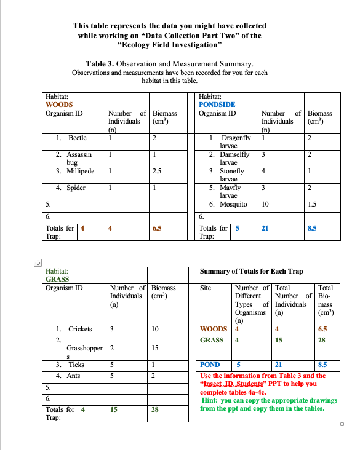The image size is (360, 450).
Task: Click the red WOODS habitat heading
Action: coord(60,105)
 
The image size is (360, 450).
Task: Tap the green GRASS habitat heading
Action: coord(58,278)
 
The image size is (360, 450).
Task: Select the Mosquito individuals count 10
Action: coord(265,204)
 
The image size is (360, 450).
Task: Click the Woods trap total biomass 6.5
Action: coord(157,228)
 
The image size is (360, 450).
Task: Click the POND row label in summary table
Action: coord(210,364)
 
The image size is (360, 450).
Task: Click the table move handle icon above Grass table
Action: coord(38,261)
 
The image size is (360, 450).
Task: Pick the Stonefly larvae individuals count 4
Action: coord(263,172)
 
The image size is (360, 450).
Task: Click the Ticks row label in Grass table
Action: coord(73,365)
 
